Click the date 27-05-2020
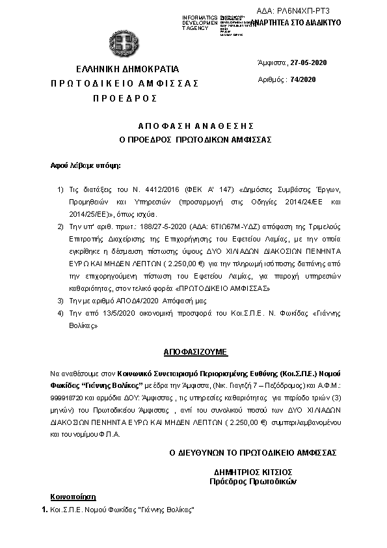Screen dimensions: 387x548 pos(309,62)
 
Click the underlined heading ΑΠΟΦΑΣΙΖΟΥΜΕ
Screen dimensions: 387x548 pos(194,351)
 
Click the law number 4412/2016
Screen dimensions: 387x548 pos(135,188)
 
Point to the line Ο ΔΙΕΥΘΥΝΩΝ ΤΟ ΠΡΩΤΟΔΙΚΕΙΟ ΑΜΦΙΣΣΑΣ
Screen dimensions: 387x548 pos(252,453)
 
